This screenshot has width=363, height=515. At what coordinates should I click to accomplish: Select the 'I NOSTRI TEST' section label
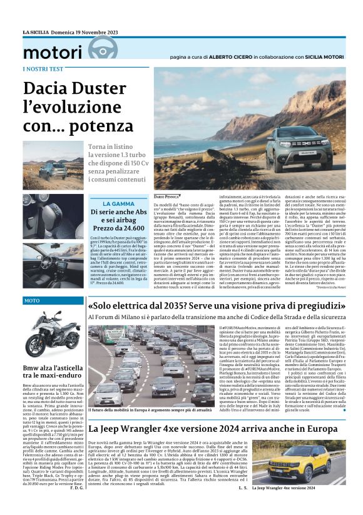click(x=42, y=69)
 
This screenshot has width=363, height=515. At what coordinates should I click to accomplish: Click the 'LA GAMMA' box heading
click(x=118, y=204)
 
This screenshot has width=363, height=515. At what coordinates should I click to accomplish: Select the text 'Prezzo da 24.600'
click(x=118, y=229)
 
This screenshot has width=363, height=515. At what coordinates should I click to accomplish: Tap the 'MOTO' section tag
click(x=32, y=301)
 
